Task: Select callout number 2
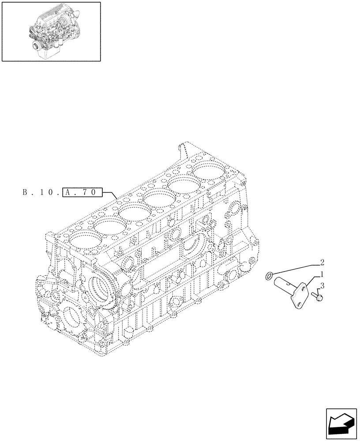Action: pyautogui.click(x=322, y=262)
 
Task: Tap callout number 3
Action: pyautogui.click(x=322, y=286)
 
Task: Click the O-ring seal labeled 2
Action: pyautogui.click(x=269, y=277)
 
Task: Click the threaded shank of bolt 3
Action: pyautogui.click(x=314, y=294)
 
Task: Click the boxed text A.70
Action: pyautogui.click(x=83, y=192)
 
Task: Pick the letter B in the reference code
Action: pyautogui.click(x=23, y=192)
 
